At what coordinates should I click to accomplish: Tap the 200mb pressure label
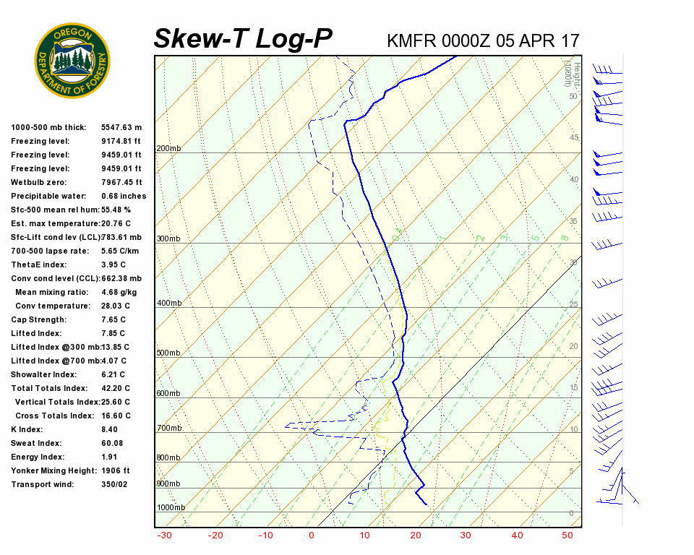point(168,149)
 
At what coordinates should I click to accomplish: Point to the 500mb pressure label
point(168,353)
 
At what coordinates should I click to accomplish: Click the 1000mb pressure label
point(171,508)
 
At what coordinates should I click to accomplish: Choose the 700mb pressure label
point(168,429)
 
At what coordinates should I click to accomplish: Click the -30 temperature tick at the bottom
point(164,535)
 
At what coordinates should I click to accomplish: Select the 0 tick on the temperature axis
point(312,535)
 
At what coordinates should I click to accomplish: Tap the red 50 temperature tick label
point(567,535)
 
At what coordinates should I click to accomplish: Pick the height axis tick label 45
point(574,138)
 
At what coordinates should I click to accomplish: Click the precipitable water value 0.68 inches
point(124,196)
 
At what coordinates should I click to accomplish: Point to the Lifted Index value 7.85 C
point(113,333)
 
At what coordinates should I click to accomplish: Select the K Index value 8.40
point(109,429)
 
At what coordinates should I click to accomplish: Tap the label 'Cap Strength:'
point(38,319)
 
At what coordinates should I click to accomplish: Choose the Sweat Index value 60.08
point(112,443)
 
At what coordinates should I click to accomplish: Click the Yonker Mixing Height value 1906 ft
point(116,470)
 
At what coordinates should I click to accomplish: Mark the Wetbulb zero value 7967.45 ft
point(121,182)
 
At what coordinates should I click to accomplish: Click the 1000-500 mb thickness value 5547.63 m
point(121,127)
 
